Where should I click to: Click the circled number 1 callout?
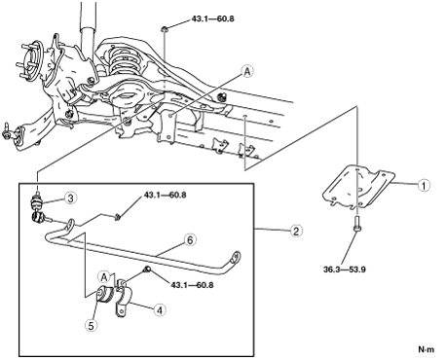click(x=424, y=185)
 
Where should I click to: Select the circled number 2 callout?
click(x=296, y=231)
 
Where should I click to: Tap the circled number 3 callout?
click(x=70, y=198)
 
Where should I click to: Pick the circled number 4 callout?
click(x=160, y=310)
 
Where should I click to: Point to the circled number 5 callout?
click(x=91, y=325)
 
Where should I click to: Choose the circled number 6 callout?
click(x=190, y=240)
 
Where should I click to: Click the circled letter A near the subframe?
click(x=247, y=71)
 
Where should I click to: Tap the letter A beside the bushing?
click(x=104, y=277)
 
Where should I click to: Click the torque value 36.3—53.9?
click(x=345, y=270)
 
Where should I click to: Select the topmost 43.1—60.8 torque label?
click(x=212, y=18)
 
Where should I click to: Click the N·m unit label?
click(x=426, y=349)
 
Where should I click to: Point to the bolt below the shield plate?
click(x=356, y=225)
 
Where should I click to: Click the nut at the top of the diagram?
click(x=165, y=29)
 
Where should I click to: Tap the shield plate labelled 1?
click(x=358, y=187)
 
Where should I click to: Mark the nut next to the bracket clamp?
click(x=147, y=269)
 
